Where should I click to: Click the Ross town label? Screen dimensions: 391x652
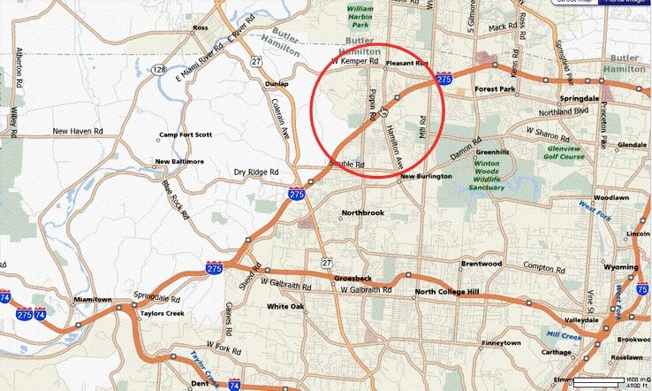200,28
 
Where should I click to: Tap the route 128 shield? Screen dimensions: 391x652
158,68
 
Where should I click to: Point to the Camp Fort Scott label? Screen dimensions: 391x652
186,134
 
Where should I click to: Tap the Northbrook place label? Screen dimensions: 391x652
363,213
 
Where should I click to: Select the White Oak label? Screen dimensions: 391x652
285,307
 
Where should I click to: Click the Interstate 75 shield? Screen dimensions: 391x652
642,287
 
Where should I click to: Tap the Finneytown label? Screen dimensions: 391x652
502,342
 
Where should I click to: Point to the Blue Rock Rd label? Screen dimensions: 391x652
175,199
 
